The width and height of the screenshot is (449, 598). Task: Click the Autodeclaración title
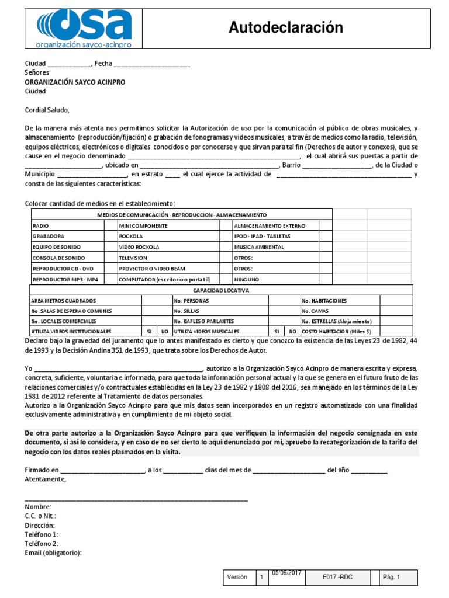tap(285, 27)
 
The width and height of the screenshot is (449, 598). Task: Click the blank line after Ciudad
tap(69, 65)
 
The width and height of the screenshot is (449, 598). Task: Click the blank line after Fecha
tap(151, 65)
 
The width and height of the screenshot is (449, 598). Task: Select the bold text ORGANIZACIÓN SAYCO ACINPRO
tap(75, 82)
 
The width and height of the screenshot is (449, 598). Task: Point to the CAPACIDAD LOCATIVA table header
tap(221, 290)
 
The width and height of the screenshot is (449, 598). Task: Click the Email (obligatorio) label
tap(53, 553)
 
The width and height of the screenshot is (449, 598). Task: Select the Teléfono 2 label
tap(42, 544)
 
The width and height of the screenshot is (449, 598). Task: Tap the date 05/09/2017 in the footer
tap(286, 573)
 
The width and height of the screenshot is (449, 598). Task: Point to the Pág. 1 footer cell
tap(391, 578)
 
